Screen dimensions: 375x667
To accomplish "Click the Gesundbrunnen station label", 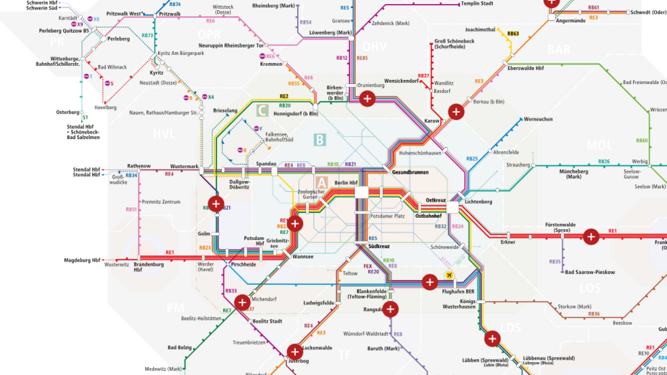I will click(x=409, y=173).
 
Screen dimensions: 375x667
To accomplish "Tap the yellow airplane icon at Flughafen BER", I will click(x=449, y=276).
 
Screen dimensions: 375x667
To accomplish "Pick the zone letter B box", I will click(x=319, y=140).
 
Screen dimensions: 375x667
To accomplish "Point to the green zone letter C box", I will click(x=263, y=110).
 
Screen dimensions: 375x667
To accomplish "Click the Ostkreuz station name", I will click(x=436, y=201).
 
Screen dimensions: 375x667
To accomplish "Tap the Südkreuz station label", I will click(x=379, y=247).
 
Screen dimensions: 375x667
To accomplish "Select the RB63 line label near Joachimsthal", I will click(x=513, y=34).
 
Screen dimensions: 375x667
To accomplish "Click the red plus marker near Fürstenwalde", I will click(x=590, y=236).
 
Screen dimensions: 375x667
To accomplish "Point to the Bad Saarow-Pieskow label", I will click(x=590, y=272).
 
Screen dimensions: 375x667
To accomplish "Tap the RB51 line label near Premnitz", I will click(x=131, y=210).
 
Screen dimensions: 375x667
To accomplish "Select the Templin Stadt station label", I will click(x=477, y=3).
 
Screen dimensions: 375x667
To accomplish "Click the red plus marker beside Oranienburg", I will click(x=367, y=99).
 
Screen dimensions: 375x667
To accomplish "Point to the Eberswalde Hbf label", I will click(x=525, y=69).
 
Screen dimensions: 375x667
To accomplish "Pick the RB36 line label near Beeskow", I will click(x=593, y=314).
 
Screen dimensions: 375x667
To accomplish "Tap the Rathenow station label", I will click(x=139, y=166).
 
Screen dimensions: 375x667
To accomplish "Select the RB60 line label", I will click(x=641, y=140).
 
